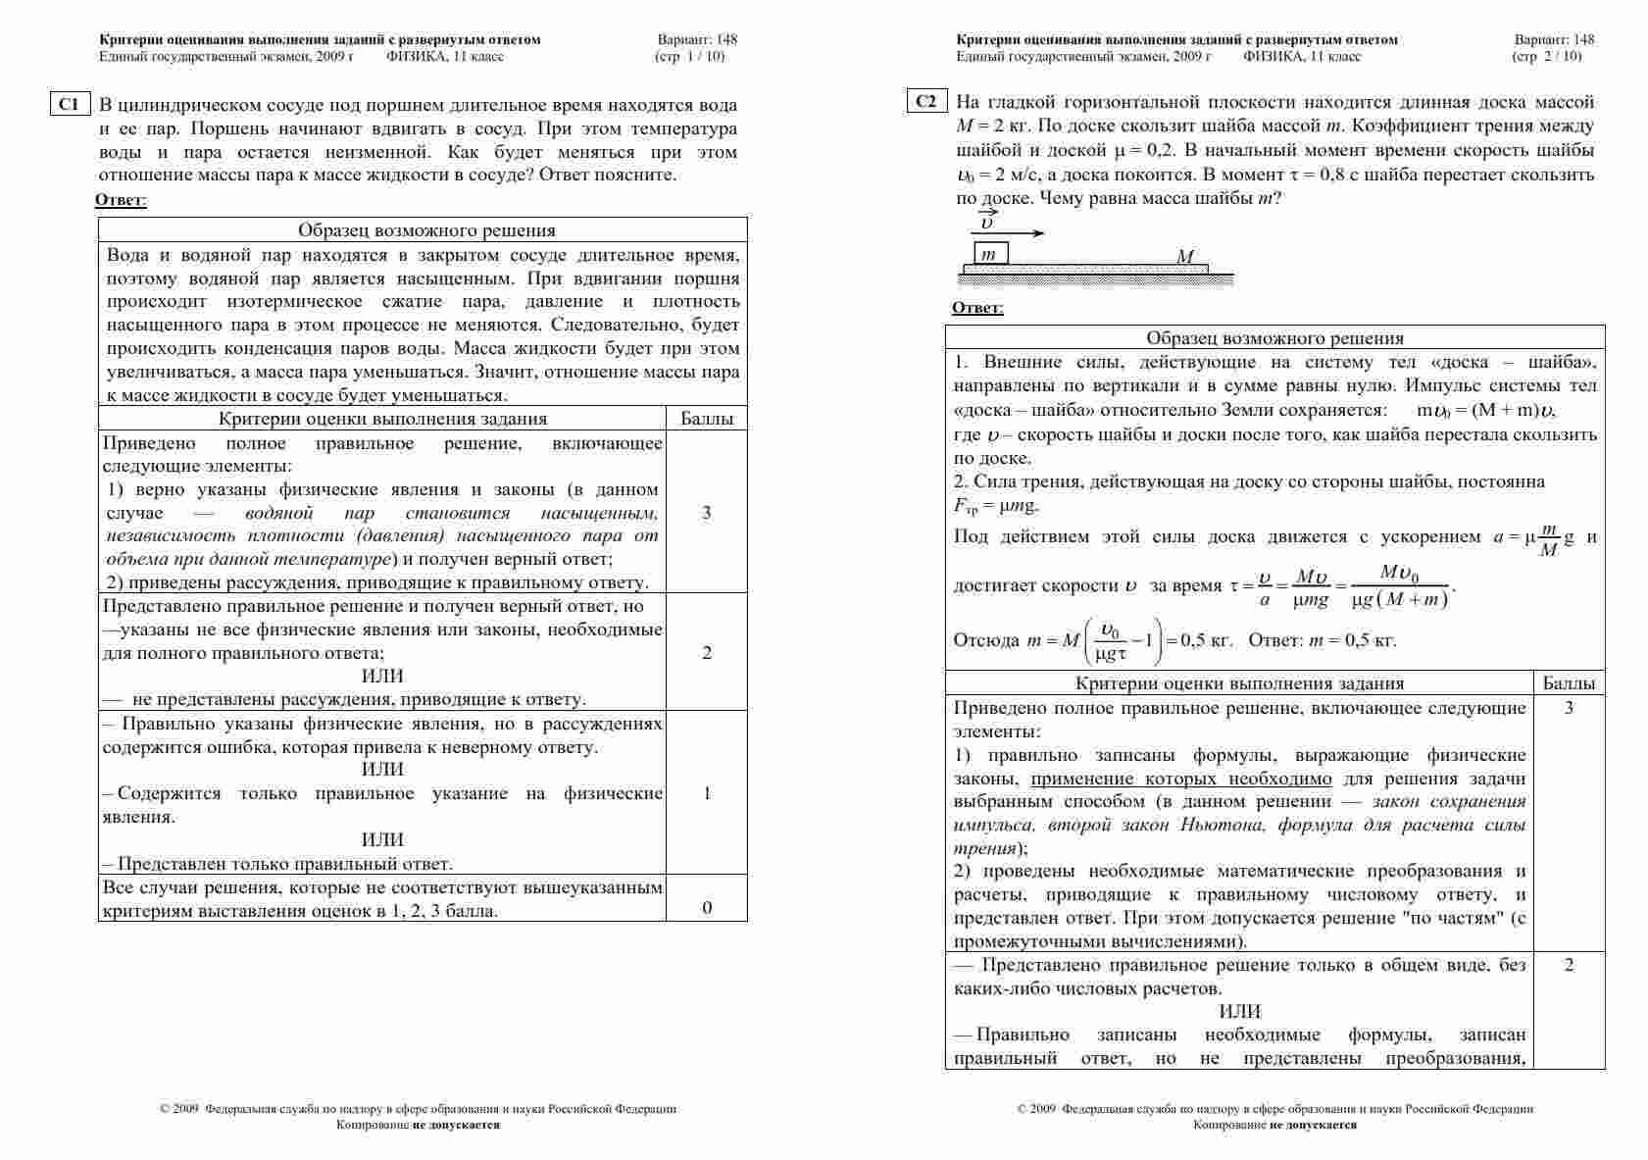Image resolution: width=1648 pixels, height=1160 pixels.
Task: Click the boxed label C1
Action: (70, 104)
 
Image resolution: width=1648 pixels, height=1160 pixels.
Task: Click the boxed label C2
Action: (926, 102)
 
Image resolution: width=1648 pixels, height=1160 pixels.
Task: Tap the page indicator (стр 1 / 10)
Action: (690, 56)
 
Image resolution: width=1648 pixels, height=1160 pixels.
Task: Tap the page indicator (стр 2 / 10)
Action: (1547, 56)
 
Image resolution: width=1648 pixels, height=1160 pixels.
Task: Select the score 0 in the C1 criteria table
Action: (707, 907)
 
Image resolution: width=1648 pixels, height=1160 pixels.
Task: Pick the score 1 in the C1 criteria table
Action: (707, 793)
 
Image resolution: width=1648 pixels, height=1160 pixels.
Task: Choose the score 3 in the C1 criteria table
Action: (707, 513)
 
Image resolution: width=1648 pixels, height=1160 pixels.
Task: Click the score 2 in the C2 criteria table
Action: (1569, 965)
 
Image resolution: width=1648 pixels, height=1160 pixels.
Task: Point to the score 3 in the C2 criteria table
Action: (1569, 708)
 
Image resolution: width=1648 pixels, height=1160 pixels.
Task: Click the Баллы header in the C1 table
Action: (707, 419)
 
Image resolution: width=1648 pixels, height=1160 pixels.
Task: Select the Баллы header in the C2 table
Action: (1569, 683)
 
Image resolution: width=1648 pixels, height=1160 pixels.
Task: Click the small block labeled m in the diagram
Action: (990, 254)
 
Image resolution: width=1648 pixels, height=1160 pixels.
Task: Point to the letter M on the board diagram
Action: (1185, 257)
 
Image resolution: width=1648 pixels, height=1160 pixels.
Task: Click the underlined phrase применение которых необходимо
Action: (1181, 780)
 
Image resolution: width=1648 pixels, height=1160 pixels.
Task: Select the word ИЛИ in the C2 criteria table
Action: (1240, 1011)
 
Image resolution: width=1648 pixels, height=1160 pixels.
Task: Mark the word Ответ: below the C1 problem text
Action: (121, 200)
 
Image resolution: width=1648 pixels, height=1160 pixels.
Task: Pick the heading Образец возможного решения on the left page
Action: (426, 230)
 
